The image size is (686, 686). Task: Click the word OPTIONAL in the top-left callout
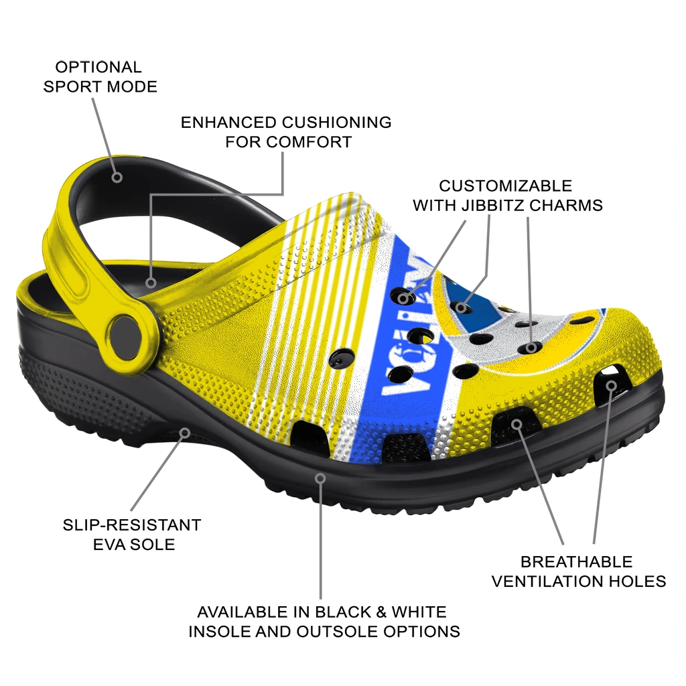[x=98, y=67]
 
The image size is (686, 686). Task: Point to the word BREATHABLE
[x=576, y=561]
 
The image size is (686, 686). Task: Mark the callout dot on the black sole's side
[x=321, y=478]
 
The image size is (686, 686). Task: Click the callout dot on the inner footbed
[x=151, y=283]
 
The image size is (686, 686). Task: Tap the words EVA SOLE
[x=134, y=544]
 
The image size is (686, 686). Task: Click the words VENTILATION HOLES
[x=579, y=581]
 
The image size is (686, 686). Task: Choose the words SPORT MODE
[x=100, y=86]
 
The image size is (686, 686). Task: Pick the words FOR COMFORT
[x=288, y=142]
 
